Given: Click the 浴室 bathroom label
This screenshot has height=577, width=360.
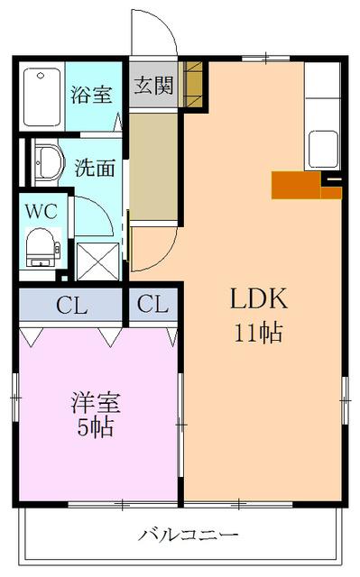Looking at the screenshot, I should point(94,94).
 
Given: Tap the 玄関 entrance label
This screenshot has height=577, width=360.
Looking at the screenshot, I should point(153,87).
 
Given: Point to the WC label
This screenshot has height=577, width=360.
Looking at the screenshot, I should point(41,213).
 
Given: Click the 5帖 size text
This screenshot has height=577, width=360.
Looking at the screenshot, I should point(96,427).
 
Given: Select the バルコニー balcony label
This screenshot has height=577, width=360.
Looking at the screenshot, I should point(188,535).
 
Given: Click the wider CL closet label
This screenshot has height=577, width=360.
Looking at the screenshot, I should point(72,306).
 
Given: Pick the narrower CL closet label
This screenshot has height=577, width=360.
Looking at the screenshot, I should point(153,306).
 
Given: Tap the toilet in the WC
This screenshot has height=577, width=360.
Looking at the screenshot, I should point(41,246).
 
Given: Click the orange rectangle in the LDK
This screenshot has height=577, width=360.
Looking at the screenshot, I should point(296,184).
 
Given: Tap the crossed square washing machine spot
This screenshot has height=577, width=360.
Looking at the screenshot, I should point(97,261).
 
